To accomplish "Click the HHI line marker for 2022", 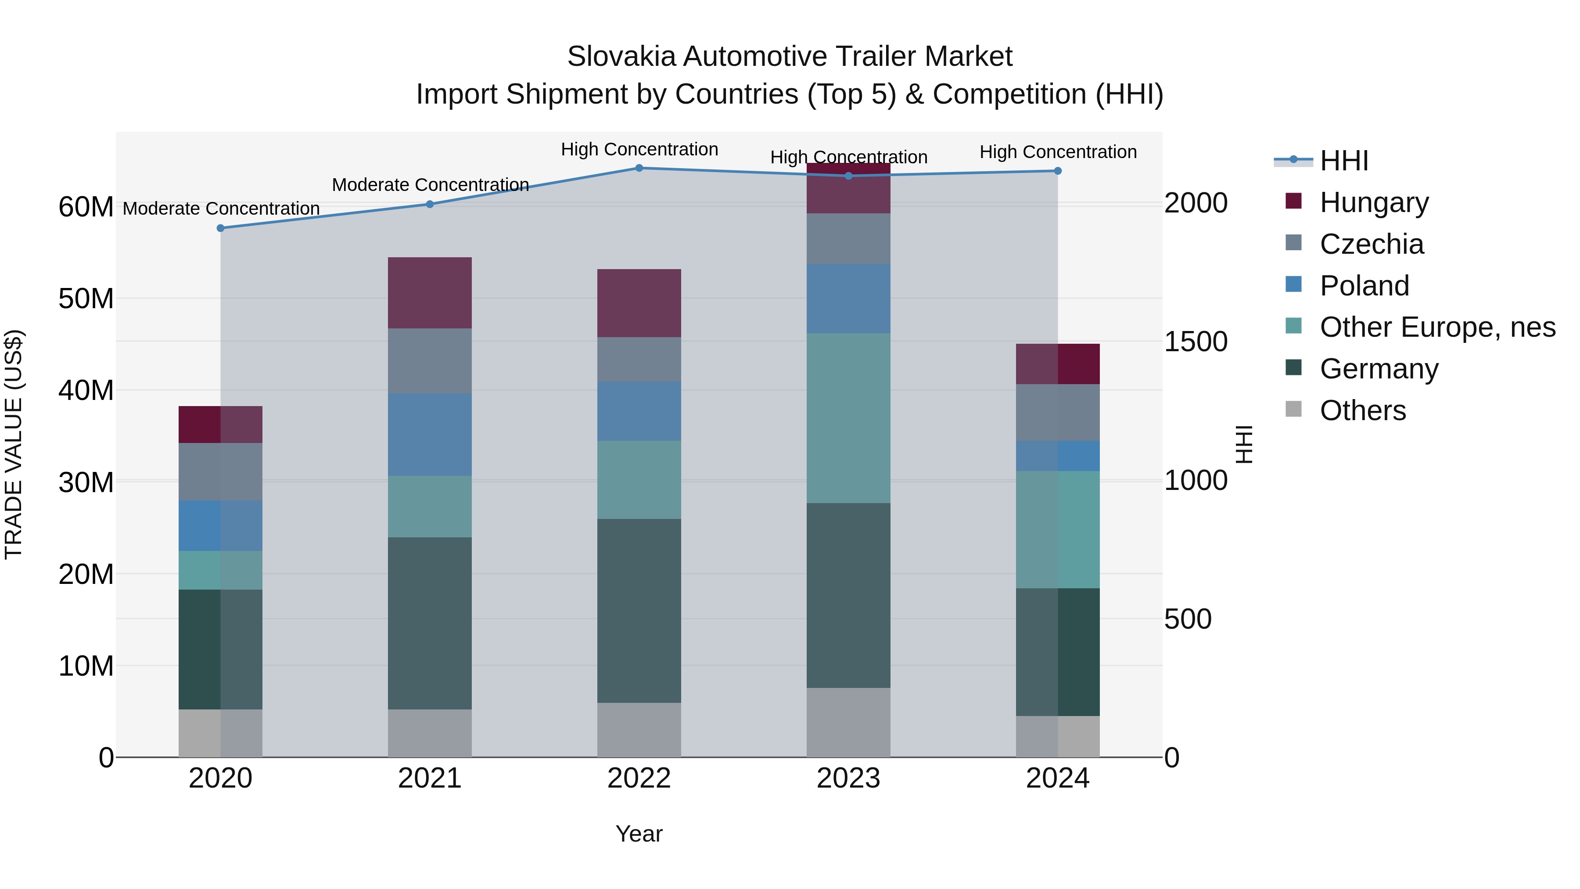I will (639, 168).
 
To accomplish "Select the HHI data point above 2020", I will (221, 228).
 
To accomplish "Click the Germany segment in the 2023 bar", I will (848, 595).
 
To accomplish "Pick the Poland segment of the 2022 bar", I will (639, 411).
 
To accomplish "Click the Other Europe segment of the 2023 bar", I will (848, 418).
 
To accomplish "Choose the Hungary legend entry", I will (1374, 202).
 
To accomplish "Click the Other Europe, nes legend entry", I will (1437, 327).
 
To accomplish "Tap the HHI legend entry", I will (1343, 161).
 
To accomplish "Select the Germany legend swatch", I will (1293, 367).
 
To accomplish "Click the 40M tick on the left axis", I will (86, 390).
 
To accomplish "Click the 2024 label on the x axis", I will (1057, 778).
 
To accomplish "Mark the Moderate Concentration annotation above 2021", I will (430, 185).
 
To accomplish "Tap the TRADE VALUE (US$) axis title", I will (14, 444).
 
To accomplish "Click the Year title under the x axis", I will (639, 834).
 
